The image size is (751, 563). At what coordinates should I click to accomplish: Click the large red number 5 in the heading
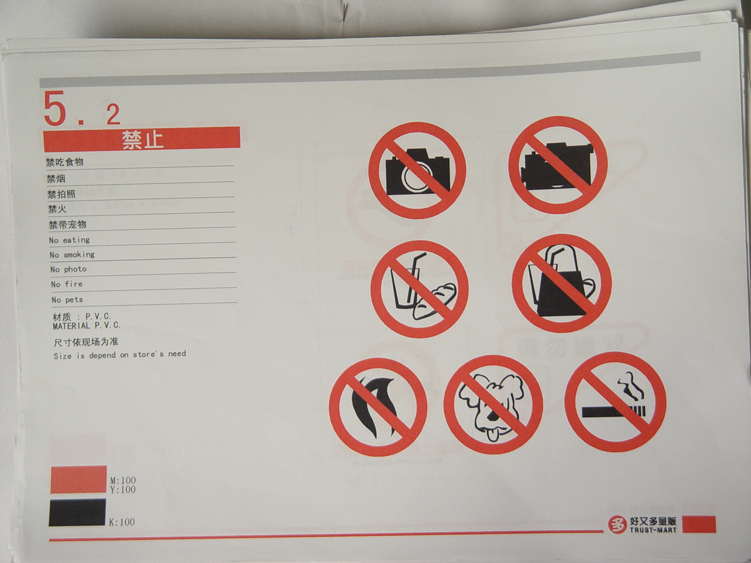[55, 108]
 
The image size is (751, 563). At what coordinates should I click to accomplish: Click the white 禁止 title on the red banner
[143, 140]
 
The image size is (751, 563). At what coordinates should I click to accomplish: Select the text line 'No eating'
[69, 240]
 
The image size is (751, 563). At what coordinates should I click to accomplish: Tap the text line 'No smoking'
[72, 255]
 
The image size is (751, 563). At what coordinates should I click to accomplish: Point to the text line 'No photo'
[69, 269]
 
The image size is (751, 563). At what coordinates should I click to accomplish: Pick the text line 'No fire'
[67, 284]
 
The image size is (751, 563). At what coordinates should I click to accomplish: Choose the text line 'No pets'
[67, 300]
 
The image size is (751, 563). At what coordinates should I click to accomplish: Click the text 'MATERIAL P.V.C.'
[87, 325]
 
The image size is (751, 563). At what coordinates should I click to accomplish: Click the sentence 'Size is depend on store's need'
[120, 355]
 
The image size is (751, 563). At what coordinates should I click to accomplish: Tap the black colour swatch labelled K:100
[77, 512]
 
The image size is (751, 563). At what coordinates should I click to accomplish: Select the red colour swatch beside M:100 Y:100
[79, 479]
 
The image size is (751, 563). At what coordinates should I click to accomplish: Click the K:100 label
[122, 522]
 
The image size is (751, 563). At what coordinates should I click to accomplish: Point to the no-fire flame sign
[378, 408]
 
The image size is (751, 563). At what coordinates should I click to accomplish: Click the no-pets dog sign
[493, 405]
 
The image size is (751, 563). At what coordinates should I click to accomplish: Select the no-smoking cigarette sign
[615, 402]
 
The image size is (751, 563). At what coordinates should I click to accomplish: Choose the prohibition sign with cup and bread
[420, 289]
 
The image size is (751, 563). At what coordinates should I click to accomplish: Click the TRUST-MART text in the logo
[653, 530]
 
